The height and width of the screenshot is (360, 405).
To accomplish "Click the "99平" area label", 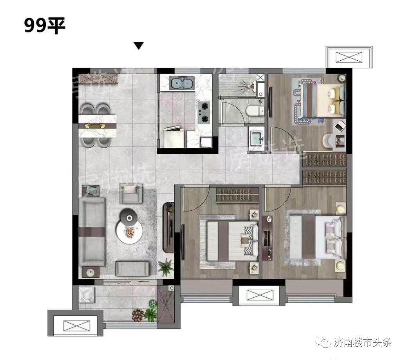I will click(45, 26).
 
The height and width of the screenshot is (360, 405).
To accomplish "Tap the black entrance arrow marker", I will click(139, 46).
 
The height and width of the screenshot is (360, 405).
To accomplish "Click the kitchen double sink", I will click(182, 83).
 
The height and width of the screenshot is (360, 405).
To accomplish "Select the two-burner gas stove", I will click(204, 112).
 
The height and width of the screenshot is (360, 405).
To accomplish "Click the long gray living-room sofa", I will click(92, 231).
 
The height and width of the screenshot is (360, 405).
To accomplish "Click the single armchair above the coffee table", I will click(131, 193).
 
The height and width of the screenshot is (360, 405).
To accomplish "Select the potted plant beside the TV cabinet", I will click(166, 268).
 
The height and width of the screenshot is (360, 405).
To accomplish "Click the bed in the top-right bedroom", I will click(321, 101).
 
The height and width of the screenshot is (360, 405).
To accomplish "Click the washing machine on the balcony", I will click(87, 295).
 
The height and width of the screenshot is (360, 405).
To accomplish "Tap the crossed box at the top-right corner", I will click(349, 57).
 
